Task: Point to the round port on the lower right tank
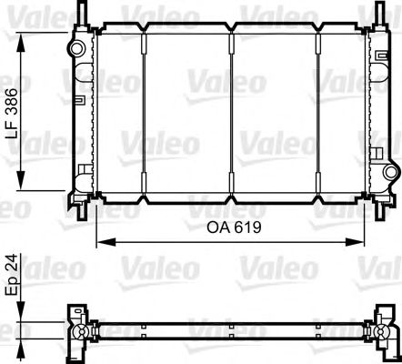[x=389, y=172]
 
